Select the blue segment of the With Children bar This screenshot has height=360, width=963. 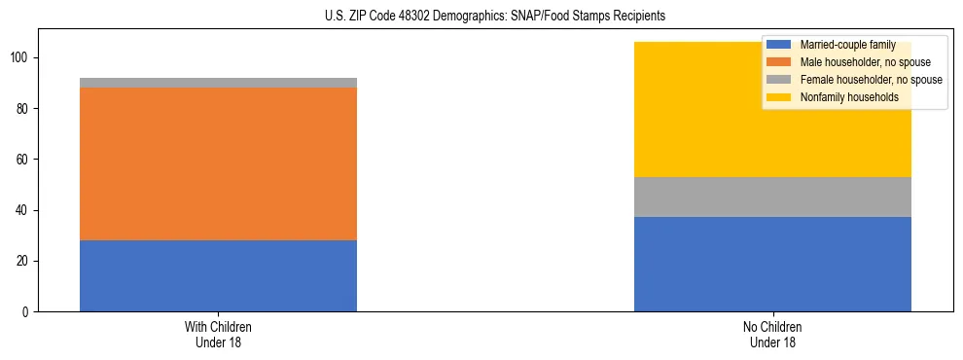pyautogui.click(x=218, y=275)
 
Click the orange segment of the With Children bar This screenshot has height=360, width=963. pyautogui.click(x=218, y=163)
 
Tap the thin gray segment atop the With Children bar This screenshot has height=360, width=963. pyautogui.click(x=218, y=83)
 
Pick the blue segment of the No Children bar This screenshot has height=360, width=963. pyautogui.click(x=772, y=264)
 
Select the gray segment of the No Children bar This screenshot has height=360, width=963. pyautogui.click(x=772, y=197)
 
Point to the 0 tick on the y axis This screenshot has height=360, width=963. pyautogui.click(x=27, y=311)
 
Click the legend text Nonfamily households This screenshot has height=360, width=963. pyautogui.click(x=842, y=97)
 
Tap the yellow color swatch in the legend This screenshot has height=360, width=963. pyautogui.click(x=779, y=97)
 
